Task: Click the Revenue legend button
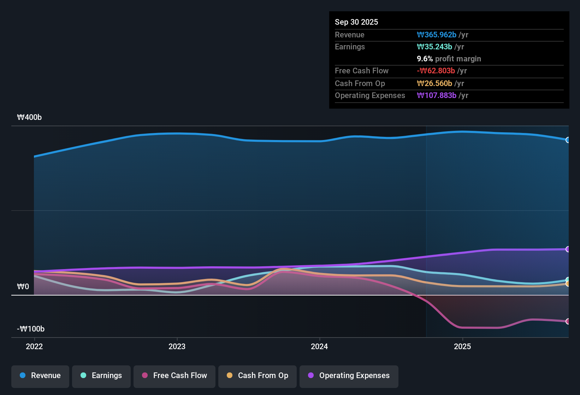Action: tap(40, 376)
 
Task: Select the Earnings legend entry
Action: tap(101, 376)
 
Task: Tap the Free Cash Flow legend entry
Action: tap(174, 376)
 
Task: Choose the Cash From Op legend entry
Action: tap(258, 376)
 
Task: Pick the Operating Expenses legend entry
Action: tap(349, 376)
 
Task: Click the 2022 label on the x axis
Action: tap(34, 346)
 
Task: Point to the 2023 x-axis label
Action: tap(177, 346)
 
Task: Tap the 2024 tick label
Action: tap(319, 346)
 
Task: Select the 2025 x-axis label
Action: tap(462, 346)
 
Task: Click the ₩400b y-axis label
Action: tap(29, 117)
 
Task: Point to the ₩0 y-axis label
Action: tap(23, 286)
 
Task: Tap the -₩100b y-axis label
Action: tap(31, 329)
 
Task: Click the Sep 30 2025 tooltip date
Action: tap(356, 22)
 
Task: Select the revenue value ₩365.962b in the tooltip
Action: tap(437, 35)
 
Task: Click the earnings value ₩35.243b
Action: tap(434, 47)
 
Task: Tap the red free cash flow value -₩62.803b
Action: tap(436, 71)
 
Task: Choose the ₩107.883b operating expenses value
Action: tap(437, 96)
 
